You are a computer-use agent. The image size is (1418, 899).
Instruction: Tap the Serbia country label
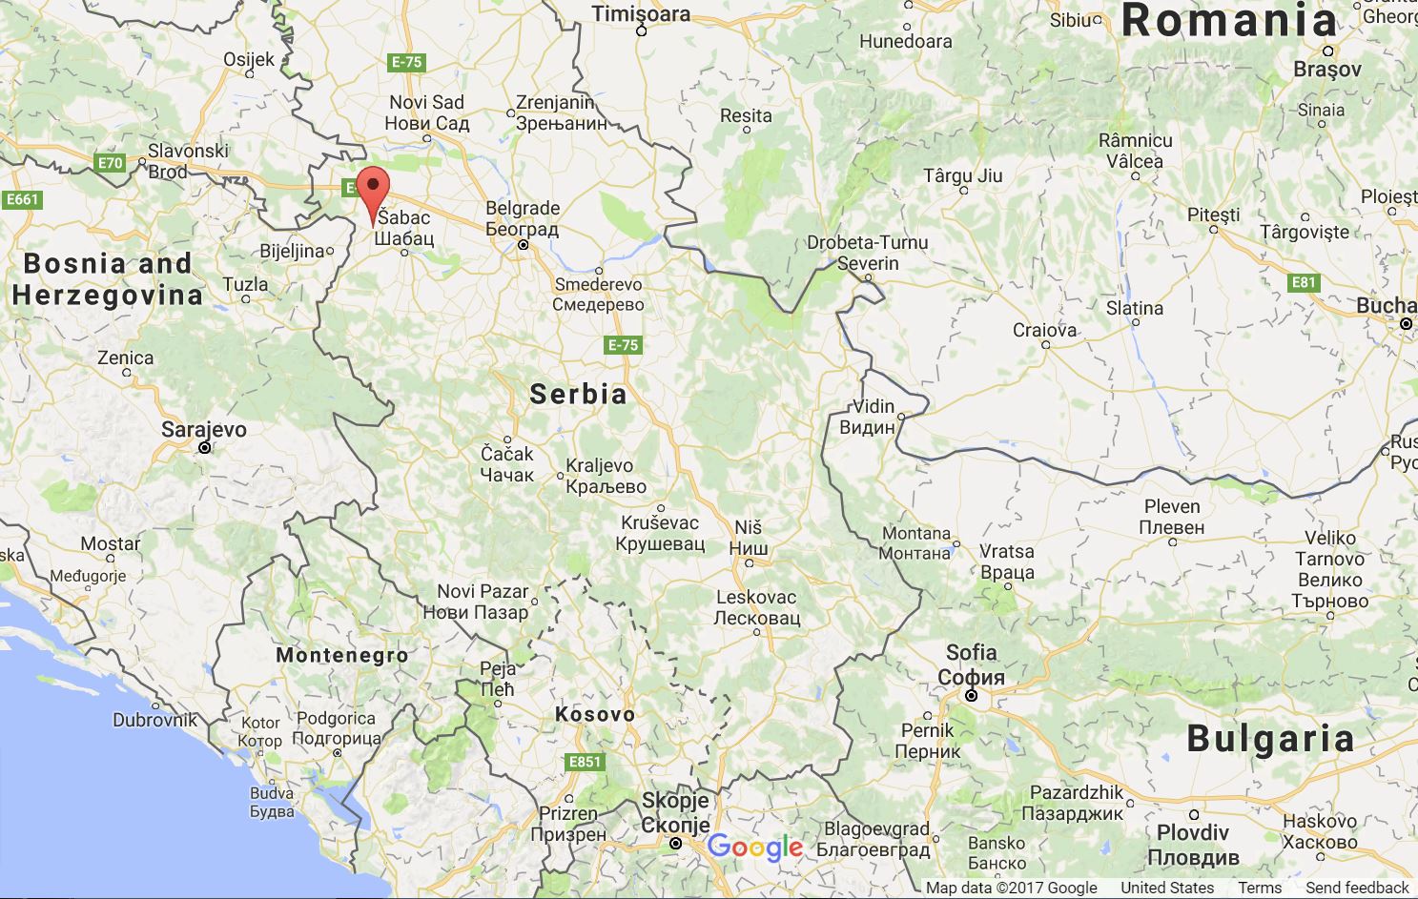[x=578, y=393]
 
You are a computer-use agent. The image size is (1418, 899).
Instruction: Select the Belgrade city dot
[x=523, y=245]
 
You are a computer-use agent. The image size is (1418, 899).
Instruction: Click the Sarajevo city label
[x=203, y=429]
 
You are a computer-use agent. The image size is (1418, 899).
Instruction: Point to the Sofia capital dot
[x=971, y=696]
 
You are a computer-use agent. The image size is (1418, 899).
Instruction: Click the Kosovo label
[x=594, y=714]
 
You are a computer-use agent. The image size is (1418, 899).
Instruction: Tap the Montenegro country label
[x=341, y=655]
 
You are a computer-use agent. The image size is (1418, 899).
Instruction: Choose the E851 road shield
[x=585, y=761]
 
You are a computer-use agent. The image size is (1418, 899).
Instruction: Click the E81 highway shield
[x=1303, y=282]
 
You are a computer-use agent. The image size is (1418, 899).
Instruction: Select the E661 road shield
[x=21, y=199]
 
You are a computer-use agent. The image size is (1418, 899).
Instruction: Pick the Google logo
[x=755, y=847]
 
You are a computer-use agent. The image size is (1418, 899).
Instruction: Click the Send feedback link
[x=1357, y=888]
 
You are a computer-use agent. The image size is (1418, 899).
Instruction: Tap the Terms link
[x=1260, y=888]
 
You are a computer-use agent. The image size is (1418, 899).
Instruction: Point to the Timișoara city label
[x=641, y=13]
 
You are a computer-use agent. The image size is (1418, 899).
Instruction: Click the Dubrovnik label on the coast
[x=154, y=720]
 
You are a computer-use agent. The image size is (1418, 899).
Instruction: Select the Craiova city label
[x=1044, y=330]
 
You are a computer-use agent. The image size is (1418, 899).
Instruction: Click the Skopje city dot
[x=675, y=843]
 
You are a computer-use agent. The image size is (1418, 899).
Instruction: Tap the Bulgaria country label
[x=1270, y=738]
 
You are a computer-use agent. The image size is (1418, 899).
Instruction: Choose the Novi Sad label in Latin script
[x=426, y=102]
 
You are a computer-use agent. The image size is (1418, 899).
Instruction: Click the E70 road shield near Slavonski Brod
[x=111, y=163]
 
